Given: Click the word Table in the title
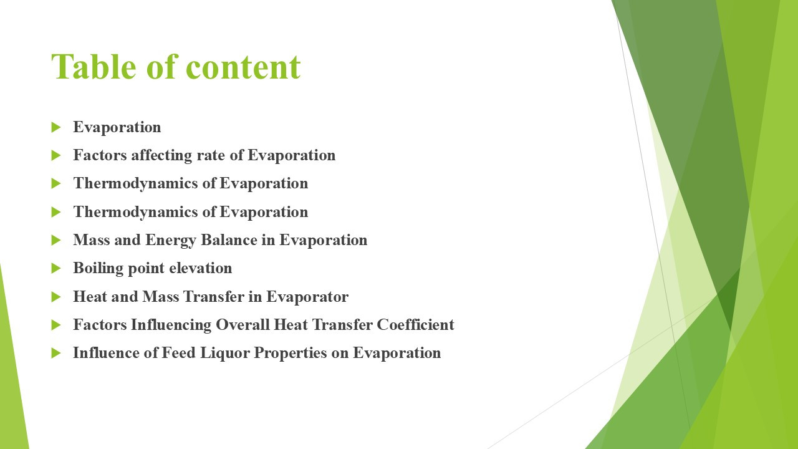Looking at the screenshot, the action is tap(94, 67).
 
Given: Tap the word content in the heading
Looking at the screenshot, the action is tap(243, 67).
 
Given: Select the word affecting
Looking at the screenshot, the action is tap(161, 156).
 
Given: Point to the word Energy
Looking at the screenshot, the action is tap(171, 241).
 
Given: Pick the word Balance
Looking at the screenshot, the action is tap(229, 240).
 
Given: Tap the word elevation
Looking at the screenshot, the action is tap(201, 268).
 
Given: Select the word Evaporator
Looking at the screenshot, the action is tap(307, 297).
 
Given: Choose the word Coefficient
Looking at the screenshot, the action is tap(415, 325).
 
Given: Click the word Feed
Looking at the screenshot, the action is tap(178, 353).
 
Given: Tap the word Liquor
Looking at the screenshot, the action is tap(225, 354).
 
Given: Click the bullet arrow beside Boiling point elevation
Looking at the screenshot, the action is tap(56, 268).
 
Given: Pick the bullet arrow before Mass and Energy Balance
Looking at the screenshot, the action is tap(56, 240).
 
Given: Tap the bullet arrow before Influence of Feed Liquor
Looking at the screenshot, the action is tap(56, 353).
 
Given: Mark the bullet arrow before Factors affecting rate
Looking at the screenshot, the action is tap(56, 155).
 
